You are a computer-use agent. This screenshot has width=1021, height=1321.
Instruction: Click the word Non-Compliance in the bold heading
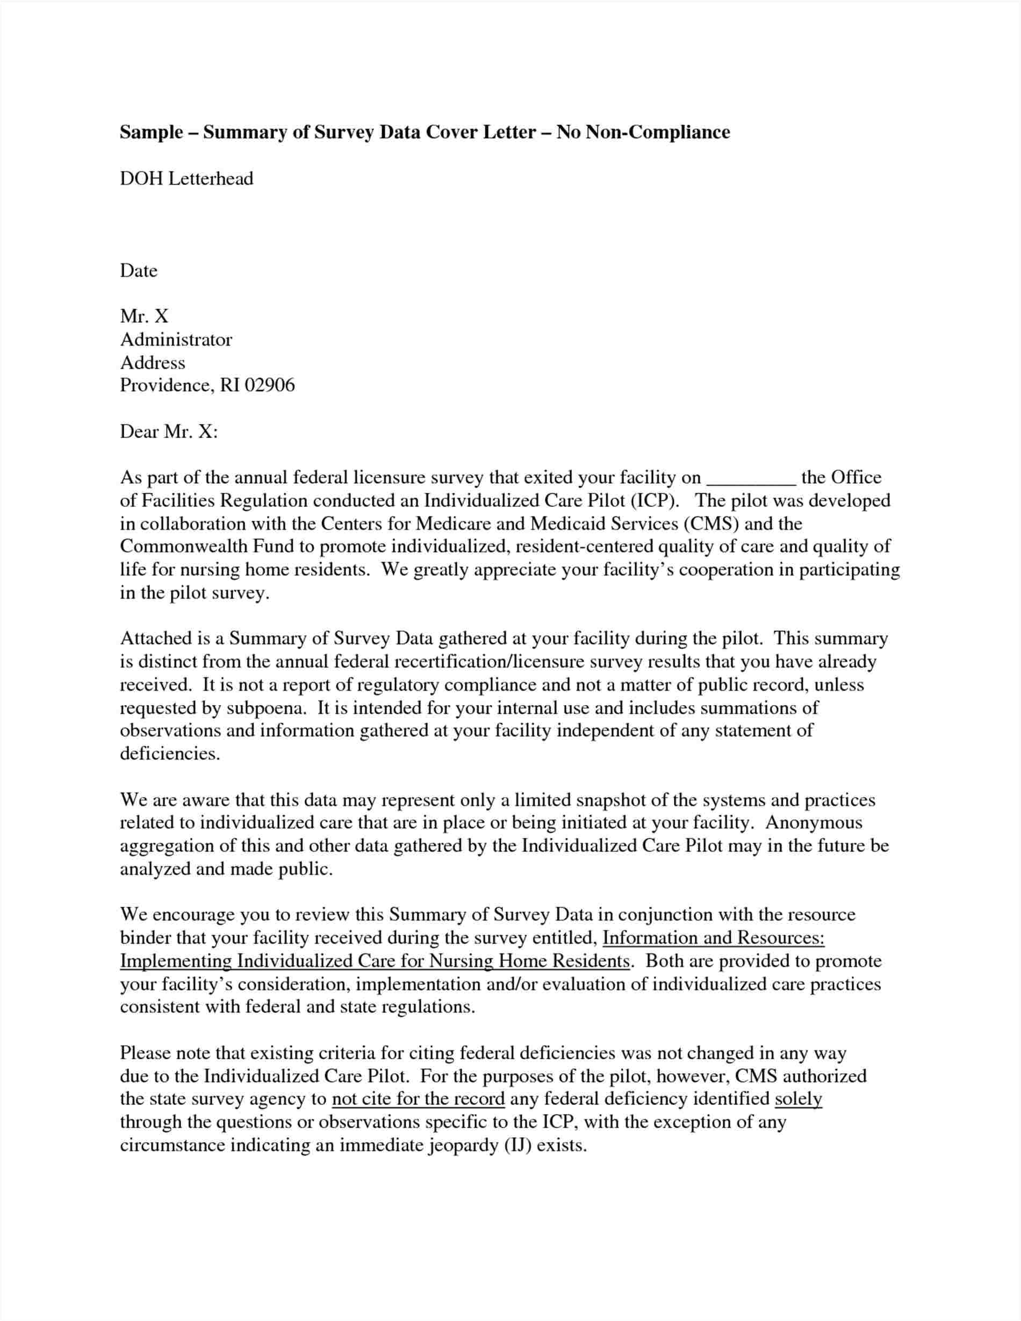pyautogui.click(x=655, y=132)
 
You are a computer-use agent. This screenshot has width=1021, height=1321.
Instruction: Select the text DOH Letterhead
pyautogui.click(x=186, y=178)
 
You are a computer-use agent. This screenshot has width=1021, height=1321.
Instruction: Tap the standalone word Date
pyautogui.click(x=139, y=270)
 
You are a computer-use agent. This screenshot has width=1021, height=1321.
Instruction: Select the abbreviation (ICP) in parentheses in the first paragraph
pyautogui.click(x=656, y=501)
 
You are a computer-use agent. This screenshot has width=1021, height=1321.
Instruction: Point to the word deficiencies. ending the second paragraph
pyautogui.click(x=170, y=753)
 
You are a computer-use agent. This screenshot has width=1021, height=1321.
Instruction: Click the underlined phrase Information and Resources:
pyautogui.click(x=714, y=938)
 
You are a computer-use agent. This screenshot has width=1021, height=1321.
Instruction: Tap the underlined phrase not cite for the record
pyautogui.click(x=418, y=1099)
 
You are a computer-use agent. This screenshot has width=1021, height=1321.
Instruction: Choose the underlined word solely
pyautogui.click(x=798, y=1099)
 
